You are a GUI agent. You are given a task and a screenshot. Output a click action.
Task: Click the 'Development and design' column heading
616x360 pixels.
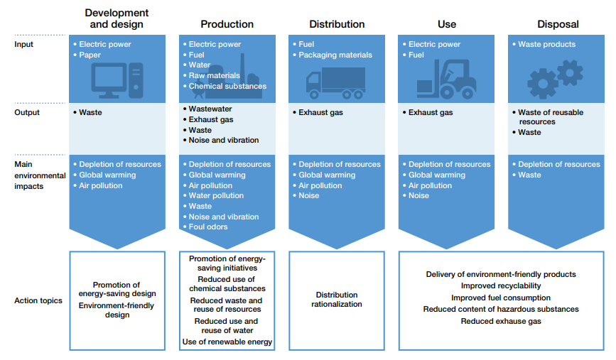[x=117, y=18]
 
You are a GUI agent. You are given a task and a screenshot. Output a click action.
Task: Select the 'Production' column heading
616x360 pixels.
[x=227, y=24]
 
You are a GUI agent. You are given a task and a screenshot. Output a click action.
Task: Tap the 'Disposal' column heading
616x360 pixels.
[x=558, y=24]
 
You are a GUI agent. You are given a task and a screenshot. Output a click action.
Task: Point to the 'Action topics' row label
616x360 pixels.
[x=38, y=300]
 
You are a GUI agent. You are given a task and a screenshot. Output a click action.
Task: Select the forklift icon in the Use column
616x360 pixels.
[x=445, y=78]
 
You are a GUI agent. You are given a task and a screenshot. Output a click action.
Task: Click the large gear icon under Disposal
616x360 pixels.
[x=544, y=84]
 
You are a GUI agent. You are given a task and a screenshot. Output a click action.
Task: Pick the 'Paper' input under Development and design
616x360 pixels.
[x=90, y=55]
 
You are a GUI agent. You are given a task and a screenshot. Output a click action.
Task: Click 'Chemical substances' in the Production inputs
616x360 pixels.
[x=227, y=87]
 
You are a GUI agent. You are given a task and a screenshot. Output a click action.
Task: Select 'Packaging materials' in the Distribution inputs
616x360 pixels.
[x=335, y=55]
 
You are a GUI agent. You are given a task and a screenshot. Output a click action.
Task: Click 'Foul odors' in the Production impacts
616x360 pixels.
[x=208, y=227]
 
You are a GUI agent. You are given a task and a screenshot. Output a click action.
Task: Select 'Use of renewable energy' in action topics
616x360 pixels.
[x=227, y=342]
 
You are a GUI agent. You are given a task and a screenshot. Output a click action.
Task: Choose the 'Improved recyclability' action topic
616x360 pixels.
[x=501, y=286]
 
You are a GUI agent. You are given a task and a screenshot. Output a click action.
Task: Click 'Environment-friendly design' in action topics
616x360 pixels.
[x=117, y=310]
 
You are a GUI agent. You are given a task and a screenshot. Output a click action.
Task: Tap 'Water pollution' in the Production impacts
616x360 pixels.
[x=216, y=196]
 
